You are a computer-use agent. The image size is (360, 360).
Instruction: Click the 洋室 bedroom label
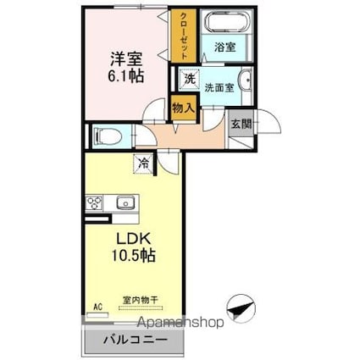[x=126, y=58]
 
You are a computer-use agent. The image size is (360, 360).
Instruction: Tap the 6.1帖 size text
[x=126, y=75]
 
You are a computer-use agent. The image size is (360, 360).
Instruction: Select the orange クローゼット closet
[x=184, y=36]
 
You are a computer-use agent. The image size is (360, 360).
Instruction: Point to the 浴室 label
[x=225, y=47]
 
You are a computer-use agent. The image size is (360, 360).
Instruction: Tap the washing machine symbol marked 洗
[x=190, y=79]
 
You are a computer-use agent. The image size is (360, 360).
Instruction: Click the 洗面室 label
[x=219, y=88]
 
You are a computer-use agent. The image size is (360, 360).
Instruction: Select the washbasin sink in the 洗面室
[x=246, y=80]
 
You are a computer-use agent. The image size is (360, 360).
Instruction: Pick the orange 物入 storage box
[x=184, y=108]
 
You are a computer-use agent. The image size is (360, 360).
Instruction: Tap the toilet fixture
[x=108, y=136]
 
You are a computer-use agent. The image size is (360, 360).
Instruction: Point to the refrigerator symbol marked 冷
[x=144, y=163]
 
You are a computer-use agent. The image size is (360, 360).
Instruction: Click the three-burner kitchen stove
[x=94, y=203]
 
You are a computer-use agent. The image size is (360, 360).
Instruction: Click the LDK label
[x=133, y=240]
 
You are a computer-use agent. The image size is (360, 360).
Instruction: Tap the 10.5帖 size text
[x=134, y=256]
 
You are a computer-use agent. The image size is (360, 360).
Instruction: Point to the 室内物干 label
[x=140, y=300]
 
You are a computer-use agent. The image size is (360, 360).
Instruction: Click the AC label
[x=97, y=307]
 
